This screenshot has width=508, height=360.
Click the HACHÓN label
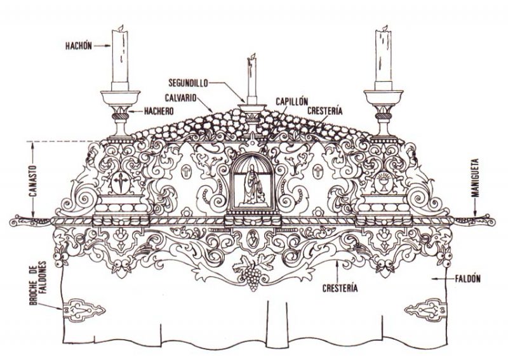tap(78, 46)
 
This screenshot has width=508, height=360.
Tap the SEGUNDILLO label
tap(188, 83)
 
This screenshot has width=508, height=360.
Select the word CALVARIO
tap(181, 98)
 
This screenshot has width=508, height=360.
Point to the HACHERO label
tap(159, 112)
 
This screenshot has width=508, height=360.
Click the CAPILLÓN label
tap(291, 101)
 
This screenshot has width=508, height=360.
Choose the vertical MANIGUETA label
tap(475, 178)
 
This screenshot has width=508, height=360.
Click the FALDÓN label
tap(467, 278)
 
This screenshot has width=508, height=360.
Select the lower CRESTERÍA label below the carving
tap(340, 288)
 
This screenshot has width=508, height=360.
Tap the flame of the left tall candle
tap(121, 27)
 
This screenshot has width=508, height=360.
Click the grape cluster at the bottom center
tap(252, 277)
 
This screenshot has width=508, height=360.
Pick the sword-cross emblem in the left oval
tap(121, 182)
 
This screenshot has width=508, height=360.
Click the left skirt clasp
tap(84, 310)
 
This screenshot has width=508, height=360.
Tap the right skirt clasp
tap(425, 310)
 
